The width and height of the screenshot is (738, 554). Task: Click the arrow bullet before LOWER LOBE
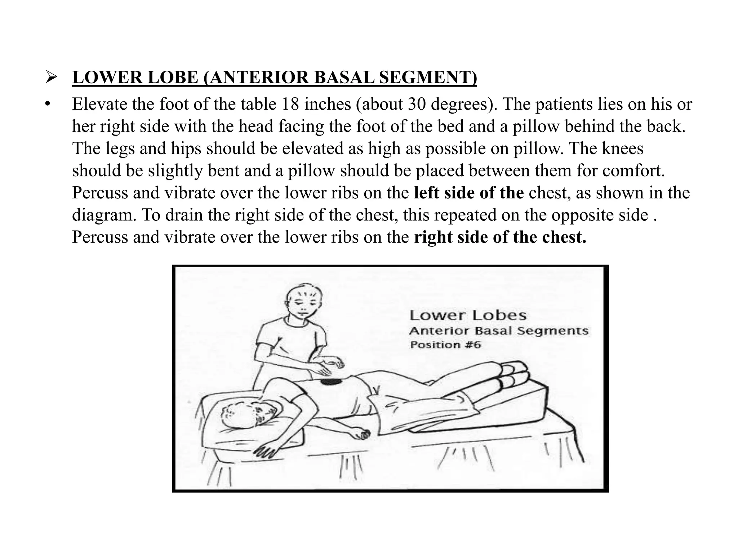[52, 77]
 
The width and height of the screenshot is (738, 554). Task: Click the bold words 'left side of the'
[468, 193]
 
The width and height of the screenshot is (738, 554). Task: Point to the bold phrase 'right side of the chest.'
[500, 237]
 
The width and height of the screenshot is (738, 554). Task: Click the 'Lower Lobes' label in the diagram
[468, 316]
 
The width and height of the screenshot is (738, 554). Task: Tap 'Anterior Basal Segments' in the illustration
[499, 331]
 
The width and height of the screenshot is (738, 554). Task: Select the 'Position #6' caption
[445, 345]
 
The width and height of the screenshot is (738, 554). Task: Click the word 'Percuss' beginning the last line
[100, 237]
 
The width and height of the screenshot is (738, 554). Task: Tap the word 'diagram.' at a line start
[104, 215]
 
